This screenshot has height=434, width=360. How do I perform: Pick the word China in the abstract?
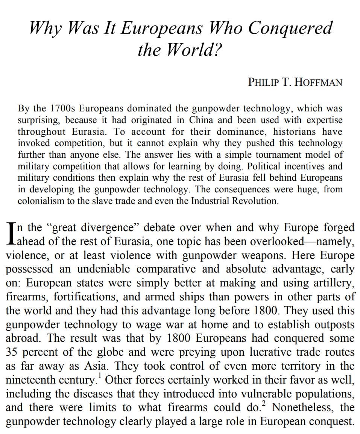[x=201, y=120]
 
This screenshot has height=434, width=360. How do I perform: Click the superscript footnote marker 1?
[x=99, y=375]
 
